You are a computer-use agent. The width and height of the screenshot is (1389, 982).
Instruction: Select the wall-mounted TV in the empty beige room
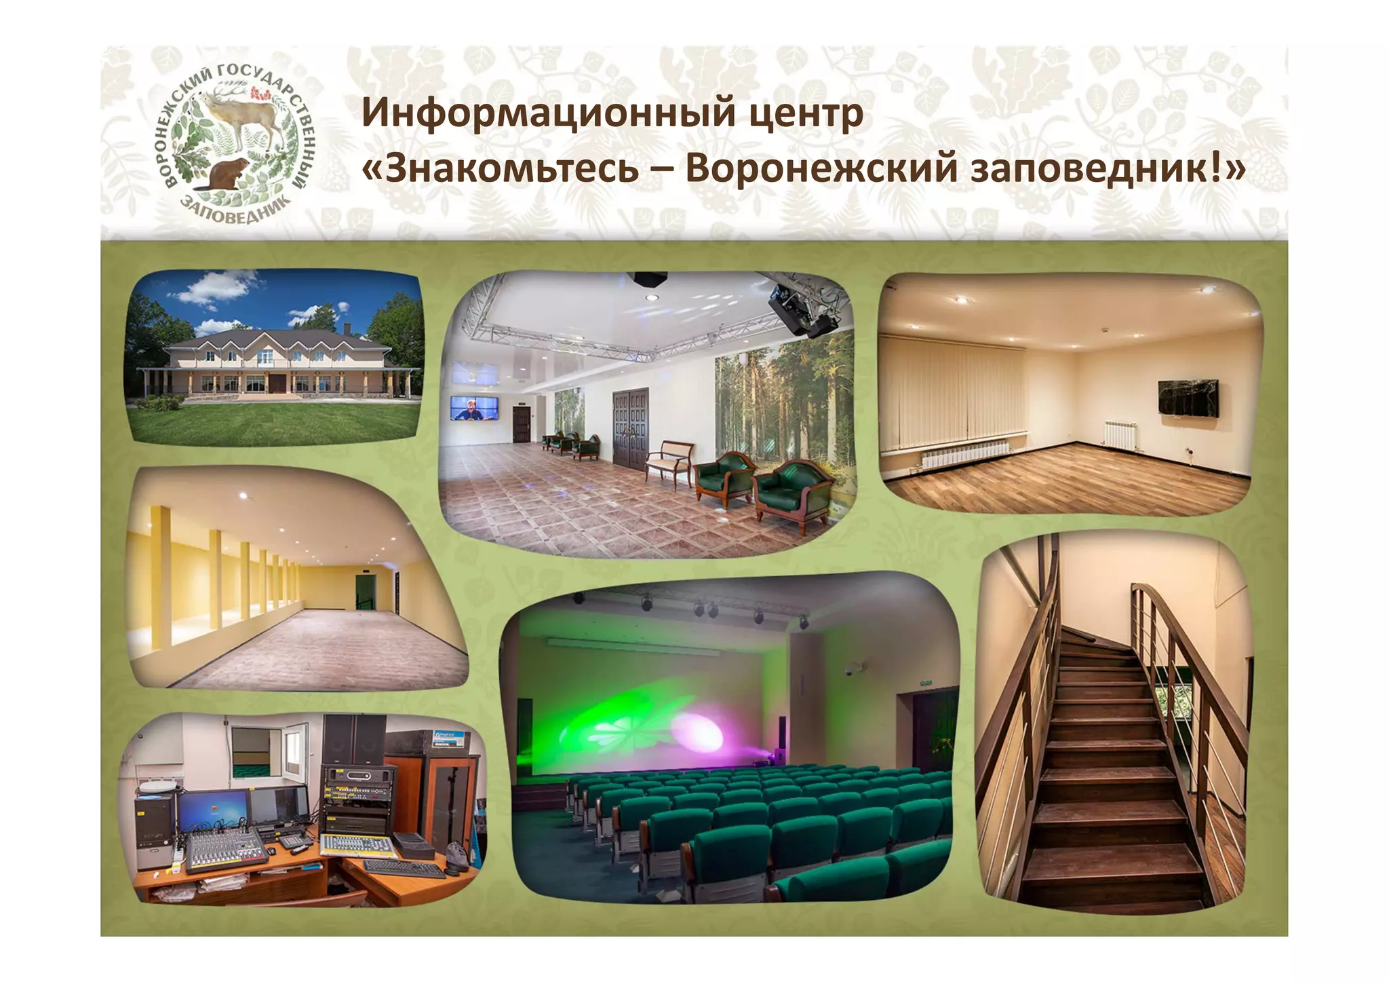coord(1188,398)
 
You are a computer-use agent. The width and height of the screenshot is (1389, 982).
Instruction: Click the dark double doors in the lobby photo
coord(630,428)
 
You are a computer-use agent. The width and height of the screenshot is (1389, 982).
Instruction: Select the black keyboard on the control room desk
coord(404,868)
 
